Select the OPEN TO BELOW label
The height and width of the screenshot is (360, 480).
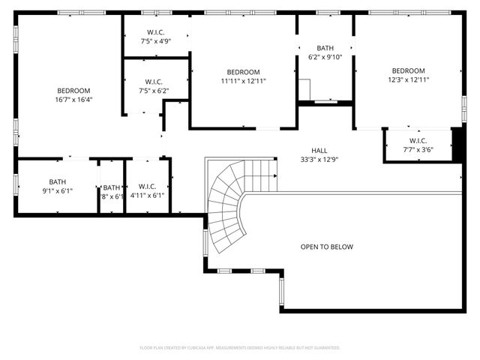coord(326,247)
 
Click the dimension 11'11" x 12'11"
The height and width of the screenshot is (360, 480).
coord(243,81)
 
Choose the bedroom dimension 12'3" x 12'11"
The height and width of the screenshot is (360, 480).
coord(408,79)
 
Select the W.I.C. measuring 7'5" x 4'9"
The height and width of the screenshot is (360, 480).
coord(155,37)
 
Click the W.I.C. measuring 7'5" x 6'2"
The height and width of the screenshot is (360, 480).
coord(154,86)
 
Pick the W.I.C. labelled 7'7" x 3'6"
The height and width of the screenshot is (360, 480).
coord(418,145)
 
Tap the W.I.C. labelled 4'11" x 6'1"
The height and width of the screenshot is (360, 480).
coord(147,190)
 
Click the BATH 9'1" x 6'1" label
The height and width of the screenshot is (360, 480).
coord(57,186)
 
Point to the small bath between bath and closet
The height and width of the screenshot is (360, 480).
coord(112,192)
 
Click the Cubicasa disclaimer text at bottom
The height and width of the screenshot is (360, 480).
coord(240,348)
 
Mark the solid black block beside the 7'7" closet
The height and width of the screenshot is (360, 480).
coord(457,143)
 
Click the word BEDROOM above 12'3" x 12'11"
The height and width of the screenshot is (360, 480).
coord(408,71)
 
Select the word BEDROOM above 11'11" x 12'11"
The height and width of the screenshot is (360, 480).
coord(243,73)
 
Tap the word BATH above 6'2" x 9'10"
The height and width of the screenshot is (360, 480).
coord(325,48)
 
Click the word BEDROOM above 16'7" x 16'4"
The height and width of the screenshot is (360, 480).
coord(73,91)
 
